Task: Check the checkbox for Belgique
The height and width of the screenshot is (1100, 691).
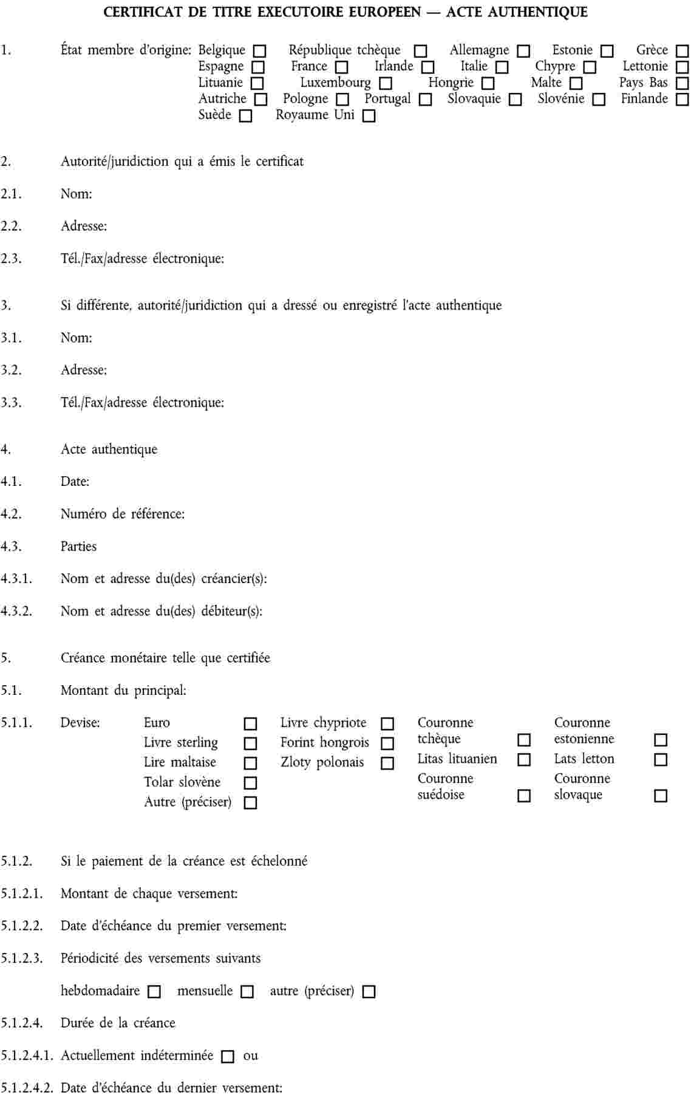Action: [x=260, y=51]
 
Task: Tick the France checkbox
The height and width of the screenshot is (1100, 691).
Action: [x=342, y=67]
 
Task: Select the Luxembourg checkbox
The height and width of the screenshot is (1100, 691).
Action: [x=385, y=83]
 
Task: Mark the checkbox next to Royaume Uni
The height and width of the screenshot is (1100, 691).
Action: [x=369, y=116]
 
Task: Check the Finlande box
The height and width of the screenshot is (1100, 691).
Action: [x=682, y=100]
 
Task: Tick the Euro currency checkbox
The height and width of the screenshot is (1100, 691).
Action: [x=250, y=724]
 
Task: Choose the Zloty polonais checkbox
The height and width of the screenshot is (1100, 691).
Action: [x=387, y=764]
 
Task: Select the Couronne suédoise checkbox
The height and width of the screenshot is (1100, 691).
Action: [x=523, y=796]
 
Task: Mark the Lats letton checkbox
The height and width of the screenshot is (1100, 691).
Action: [x=661, y=760]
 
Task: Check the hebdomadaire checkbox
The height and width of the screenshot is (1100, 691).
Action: [x=154, y=992]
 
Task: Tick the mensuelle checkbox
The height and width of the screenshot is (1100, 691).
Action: [x=247, y=992]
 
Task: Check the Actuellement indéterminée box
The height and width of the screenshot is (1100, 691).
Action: [x=228, y=1057]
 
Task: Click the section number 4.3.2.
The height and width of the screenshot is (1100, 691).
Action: [x=16, y=611]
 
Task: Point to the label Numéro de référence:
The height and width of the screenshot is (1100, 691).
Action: [x=123, y=514]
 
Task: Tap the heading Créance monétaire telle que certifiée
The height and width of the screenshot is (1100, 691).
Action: [x=165, y=658]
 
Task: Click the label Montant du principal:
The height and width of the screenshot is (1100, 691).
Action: [x=123, y=690]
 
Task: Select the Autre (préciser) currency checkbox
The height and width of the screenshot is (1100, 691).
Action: [x=250, y=803]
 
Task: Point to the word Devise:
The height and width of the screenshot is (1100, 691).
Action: [x=80, y=723]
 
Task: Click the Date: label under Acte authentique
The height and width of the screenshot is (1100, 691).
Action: [x=75, y=482]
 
